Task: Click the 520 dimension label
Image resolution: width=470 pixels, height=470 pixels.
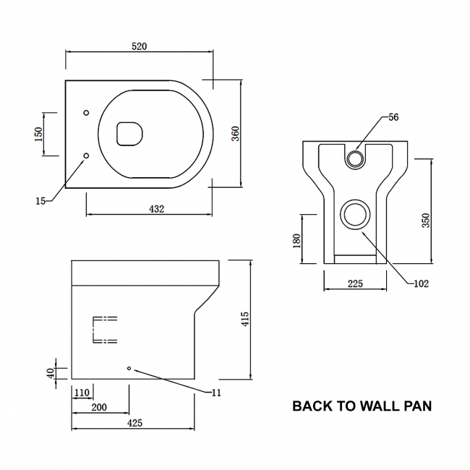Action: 139,46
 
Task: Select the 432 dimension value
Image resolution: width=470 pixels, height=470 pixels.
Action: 157,209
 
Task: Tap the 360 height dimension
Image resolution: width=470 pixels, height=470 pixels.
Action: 236,134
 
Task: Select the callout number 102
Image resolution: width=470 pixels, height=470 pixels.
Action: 422,283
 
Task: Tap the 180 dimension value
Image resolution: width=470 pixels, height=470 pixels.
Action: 297,241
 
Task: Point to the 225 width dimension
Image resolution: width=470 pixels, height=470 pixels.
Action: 354,283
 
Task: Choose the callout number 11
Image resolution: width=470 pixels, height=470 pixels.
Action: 216,393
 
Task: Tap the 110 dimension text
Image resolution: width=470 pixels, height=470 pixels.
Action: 81,393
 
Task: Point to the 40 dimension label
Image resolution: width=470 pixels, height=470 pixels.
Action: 51,373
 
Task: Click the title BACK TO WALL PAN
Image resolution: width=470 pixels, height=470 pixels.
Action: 362,406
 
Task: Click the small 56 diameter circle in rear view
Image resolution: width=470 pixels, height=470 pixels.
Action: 355,158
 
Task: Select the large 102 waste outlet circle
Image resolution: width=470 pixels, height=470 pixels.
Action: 355,214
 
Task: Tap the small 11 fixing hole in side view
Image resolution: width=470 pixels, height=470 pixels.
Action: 129,369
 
